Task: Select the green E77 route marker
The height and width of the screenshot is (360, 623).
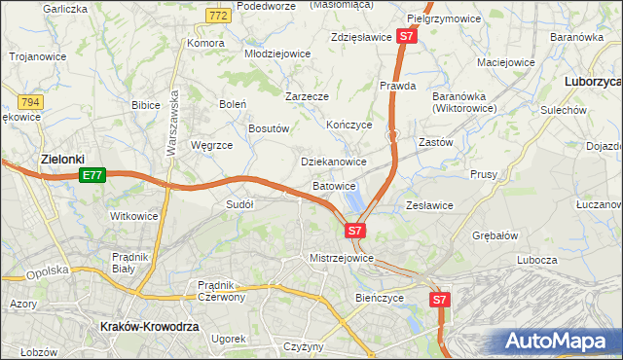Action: [92, 175]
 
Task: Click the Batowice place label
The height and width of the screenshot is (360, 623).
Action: [334, 185]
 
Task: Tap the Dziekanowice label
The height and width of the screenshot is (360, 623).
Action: [334, 162]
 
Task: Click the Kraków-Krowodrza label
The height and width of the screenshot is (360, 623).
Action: [150, 328]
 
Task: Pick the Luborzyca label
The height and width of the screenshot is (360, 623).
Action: [593, 83]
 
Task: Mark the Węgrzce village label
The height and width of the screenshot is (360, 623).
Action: [211, 145]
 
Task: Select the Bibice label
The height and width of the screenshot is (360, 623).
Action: [145, 104]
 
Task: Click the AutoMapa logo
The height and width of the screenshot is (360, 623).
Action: [557, 341]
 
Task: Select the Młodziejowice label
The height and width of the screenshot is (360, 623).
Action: [276, 54]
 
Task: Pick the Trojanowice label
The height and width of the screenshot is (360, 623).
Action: [38, 56]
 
